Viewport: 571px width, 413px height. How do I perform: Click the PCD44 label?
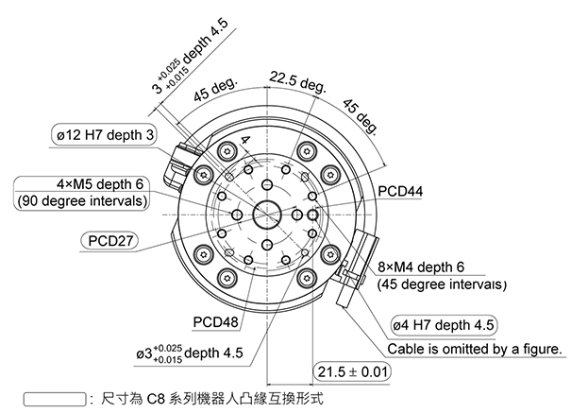pos(401,191)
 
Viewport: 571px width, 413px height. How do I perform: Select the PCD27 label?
pos(109,241)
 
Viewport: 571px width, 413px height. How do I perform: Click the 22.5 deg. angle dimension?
pos(296,80)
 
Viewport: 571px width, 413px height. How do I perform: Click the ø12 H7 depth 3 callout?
pos(104,136)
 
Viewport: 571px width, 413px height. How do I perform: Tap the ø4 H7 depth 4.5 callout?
pos(444,326)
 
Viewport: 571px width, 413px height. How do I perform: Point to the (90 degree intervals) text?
pos(82,201)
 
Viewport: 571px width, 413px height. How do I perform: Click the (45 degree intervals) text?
pos(441,284)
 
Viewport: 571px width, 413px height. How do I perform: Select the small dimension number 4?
pos(245,140)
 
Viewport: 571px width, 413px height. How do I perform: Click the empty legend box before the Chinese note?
pos(52,399)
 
